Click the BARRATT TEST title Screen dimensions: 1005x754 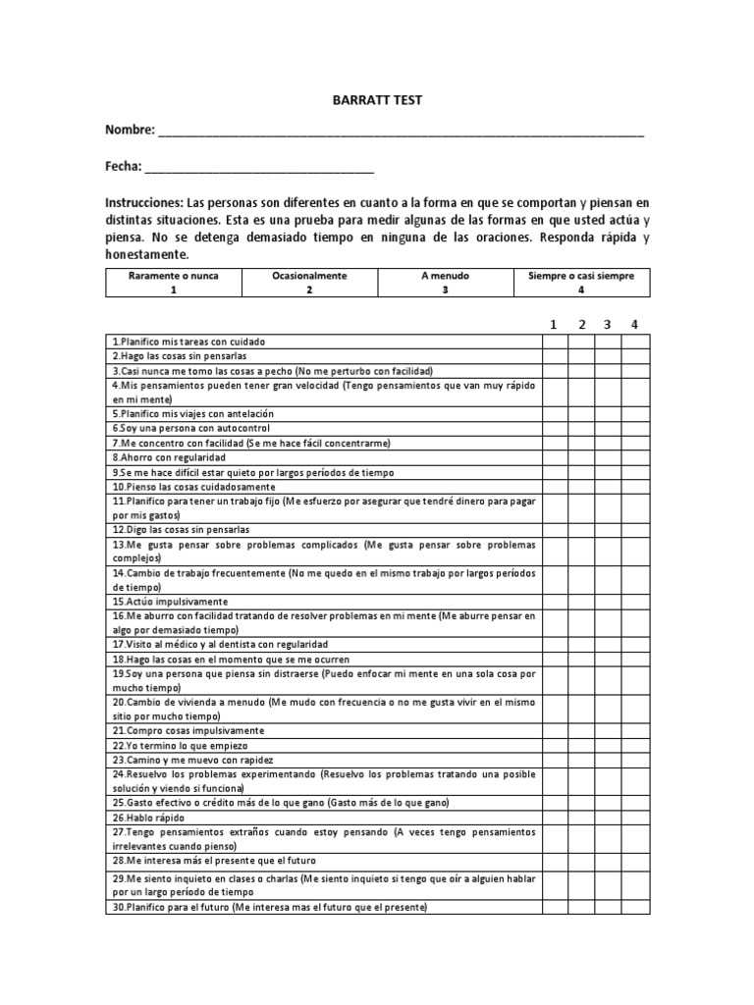pos(377,101)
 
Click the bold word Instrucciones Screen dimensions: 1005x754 pos(143,202)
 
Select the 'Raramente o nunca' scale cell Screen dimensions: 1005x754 pos(173,283)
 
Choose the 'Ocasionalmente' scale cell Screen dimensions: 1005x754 pos(309,283)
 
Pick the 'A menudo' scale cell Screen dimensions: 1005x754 pos(445,283)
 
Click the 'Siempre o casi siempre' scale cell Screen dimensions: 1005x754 pos(581,283)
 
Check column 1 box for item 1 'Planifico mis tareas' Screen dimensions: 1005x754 pos(554,342)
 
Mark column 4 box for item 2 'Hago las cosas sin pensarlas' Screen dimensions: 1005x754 pos(635,356)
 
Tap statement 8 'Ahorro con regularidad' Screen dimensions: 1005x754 pos(169,457)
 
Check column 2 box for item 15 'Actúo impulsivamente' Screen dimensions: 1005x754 pos(581,601)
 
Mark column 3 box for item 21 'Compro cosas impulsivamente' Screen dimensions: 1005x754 pos(609,730)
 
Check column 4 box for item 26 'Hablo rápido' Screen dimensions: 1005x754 pos(635,817)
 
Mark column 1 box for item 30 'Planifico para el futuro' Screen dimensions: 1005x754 pos(554,908)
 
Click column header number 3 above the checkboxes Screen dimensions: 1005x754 pos(609,324)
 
